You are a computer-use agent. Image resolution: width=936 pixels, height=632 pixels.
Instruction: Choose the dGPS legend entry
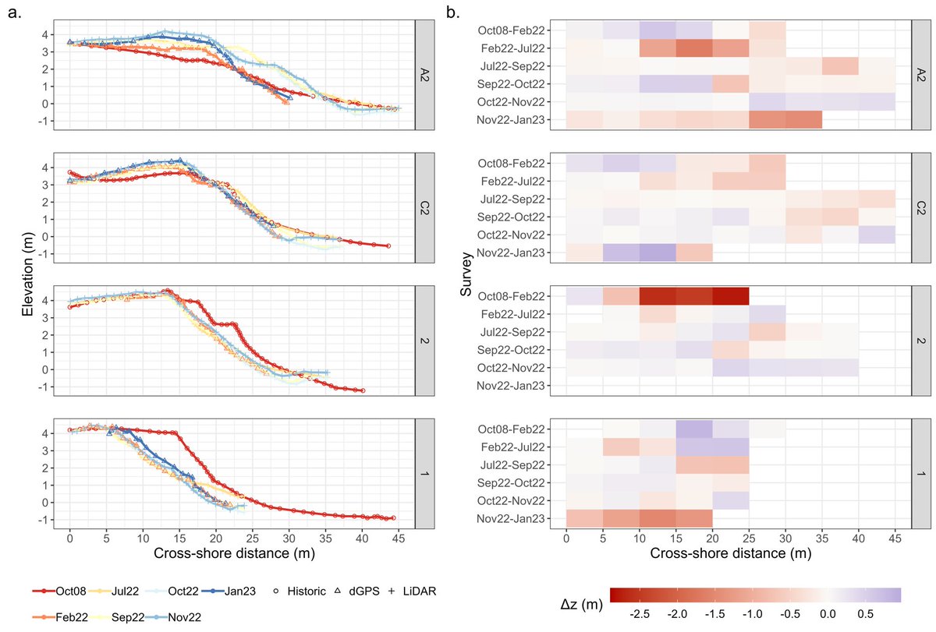coord(360,591)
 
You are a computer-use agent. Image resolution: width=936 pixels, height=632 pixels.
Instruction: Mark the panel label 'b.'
coord(451,12)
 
